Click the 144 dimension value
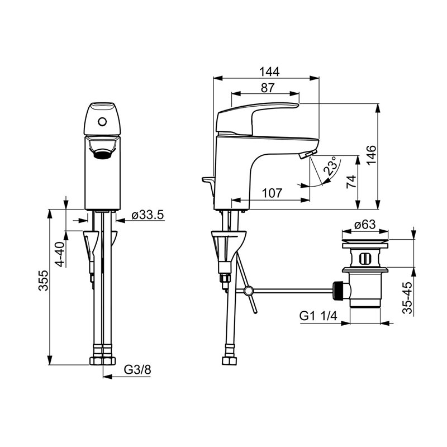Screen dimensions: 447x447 [269, 72]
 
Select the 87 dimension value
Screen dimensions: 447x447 [268, 88]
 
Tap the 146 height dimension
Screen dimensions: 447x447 [371, 155]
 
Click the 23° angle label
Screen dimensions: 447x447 [332, 166]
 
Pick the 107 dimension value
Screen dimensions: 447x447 [272, 193]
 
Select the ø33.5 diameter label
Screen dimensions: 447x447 [148, 215]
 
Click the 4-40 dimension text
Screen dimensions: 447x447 [60, 254]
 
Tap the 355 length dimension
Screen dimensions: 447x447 [44, 280]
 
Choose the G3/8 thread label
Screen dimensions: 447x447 [137, 370]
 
